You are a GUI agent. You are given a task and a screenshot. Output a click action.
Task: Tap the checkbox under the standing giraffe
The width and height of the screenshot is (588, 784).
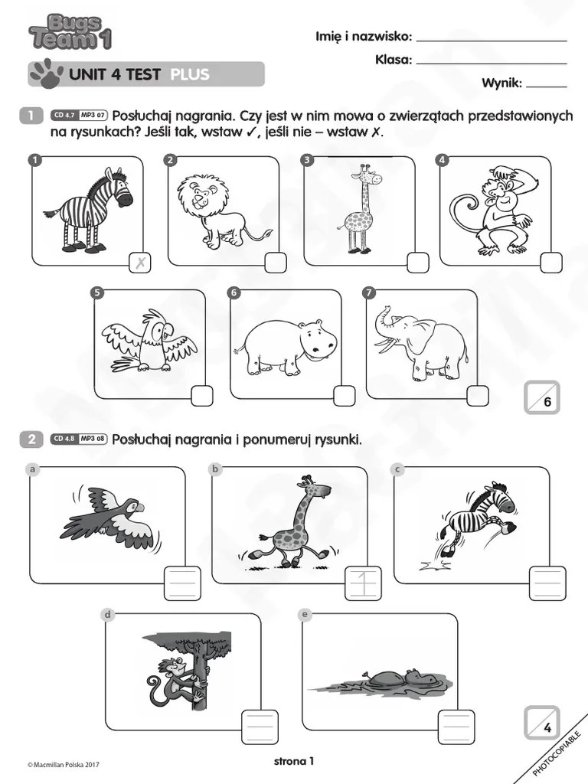[417, 263]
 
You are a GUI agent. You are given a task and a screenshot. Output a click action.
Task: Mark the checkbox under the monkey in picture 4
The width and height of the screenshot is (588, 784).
[550, 263]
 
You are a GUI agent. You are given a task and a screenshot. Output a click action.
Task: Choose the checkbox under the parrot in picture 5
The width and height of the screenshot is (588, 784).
[201, 395]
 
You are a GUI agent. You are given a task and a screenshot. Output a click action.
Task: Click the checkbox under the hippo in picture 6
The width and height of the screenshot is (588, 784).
[345, 395]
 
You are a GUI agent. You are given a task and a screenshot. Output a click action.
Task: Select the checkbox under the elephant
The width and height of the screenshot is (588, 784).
[478, 395]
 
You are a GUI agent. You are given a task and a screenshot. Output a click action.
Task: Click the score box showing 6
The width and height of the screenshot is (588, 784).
[542, 397]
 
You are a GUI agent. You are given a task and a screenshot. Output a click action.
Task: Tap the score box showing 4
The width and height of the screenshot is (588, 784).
[542, 723]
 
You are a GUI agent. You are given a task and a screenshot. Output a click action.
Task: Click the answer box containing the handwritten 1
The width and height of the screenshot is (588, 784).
[364, 584]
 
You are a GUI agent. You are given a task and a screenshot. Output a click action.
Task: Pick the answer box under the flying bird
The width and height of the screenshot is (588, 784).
[183, 584]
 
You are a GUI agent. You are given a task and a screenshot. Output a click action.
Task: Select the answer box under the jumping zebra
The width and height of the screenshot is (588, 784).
[547, 584]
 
